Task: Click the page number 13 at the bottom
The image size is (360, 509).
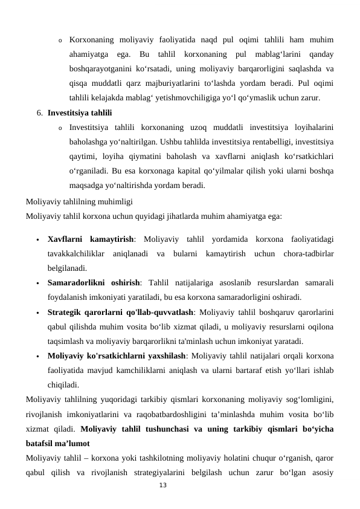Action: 162,485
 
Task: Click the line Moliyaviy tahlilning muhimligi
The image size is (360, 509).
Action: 79,202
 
